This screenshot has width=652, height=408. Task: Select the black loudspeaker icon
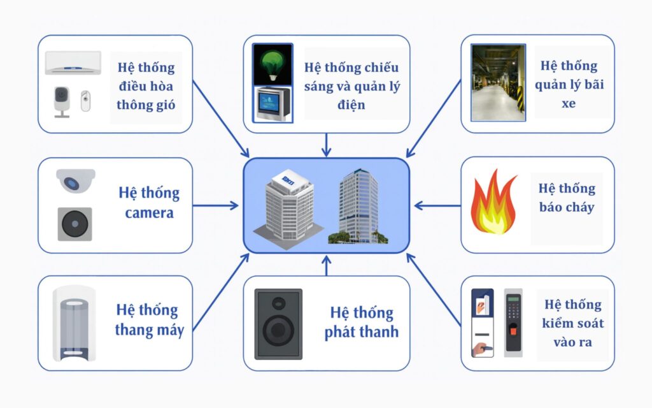pos(278,324)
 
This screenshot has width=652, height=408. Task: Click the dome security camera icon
pos(75,180)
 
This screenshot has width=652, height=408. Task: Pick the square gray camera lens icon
pos(74,224)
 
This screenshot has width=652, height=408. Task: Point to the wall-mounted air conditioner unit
pos(73,62)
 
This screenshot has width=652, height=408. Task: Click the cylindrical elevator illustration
pos(74,323)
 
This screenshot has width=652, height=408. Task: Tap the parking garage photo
pos(497,83)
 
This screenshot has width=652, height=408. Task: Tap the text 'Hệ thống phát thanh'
pos(361,322)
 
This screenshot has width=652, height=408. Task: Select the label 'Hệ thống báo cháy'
pos(566,198)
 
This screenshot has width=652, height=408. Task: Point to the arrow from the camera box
pos(216,205)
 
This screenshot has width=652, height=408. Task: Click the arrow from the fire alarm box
pos(437,205)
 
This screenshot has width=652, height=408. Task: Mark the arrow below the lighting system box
pos(326,145)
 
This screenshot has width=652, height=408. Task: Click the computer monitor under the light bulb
pos(273,105)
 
